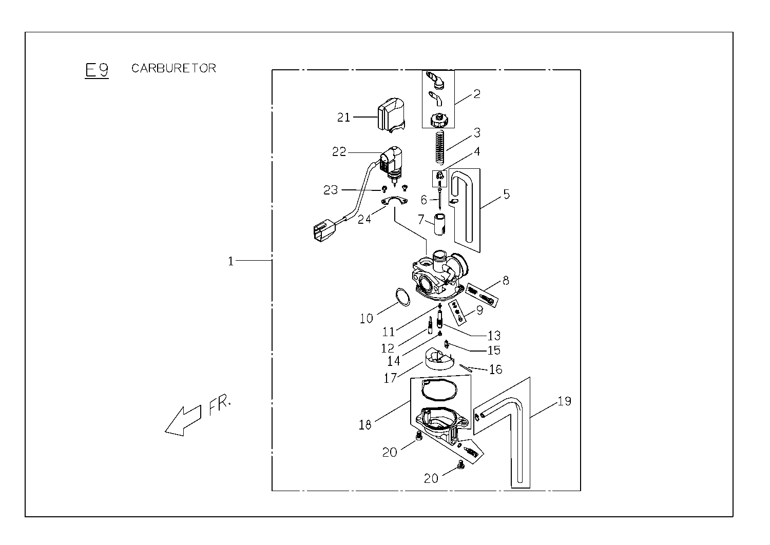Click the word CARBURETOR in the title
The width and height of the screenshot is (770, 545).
pyautogui.click(x=174, y=68)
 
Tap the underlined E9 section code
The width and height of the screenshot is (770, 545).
pyautogui.click(x=97, y=70)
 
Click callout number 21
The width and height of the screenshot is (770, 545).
pyautogui.click(x=343, y=118)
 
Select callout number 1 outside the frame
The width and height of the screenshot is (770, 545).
pyautogui.click(x=231, y=261)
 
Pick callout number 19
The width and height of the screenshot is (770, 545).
pyautogui.click(x=564, y=401)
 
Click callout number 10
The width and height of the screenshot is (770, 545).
pyautogui.click(x=366, y=319)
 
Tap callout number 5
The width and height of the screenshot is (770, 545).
pyautogui.click(x=506, y=194)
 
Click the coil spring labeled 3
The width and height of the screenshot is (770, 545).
pyautogui.click(x=440, y=148)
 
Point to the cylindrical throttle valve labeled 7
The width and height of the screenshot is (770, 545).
pyautogui.click(x=439, y=224)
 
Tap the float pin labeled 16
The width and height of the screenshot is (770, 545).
pyautogui.click(x=466, y=367)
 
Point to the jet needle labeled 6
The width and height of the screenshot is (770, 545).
pyautogui.click(x=439, y=199)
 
